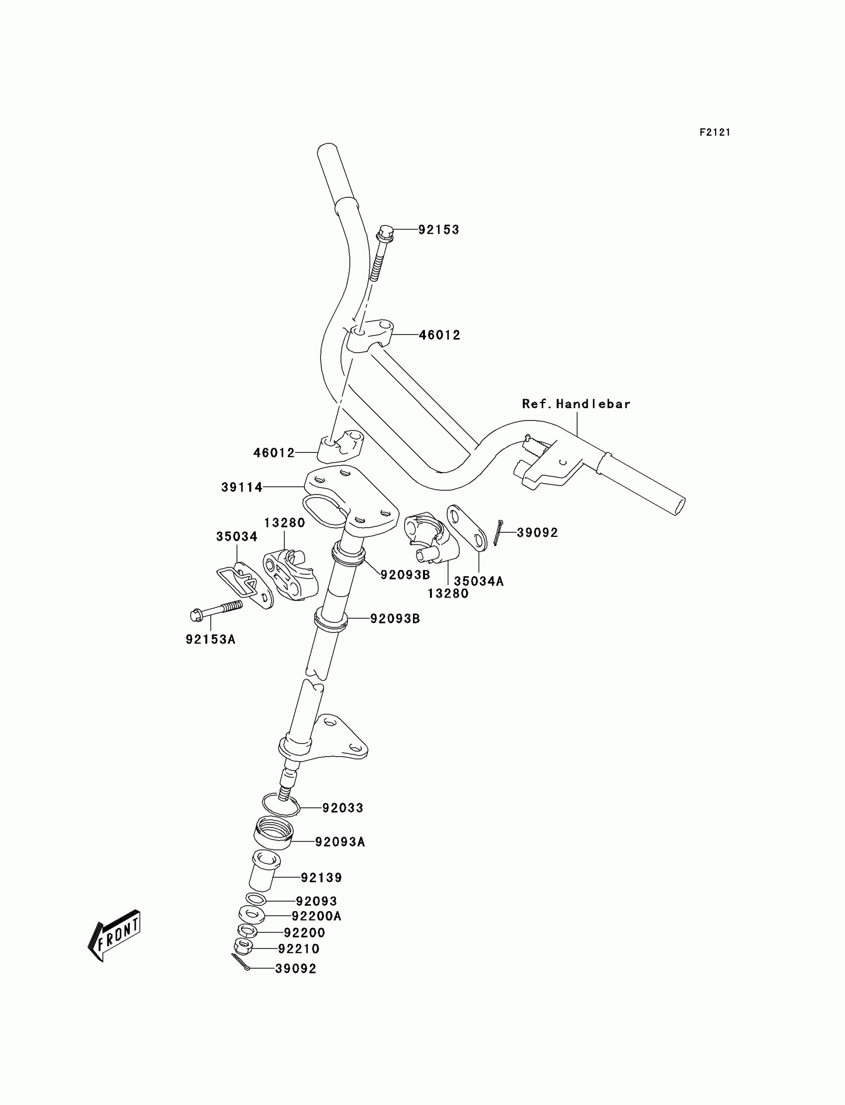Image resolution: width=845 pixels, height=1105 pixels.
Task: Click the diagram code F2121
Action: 714,132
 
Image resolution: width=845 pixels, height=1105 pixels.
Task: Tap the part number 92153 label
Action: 438,230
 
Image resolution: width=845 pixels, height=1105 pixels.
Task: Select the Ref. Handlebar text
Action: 576,404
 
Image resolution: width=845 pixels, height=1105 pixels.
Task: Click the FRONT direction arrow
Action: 115,938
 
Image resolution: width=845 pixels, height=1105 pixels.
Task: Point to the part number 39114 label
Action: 242,487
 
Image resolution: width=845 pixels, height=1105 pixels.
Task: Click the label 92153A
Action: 211,639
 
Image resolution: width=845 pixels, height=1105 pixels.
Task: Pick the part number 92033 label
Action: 342,808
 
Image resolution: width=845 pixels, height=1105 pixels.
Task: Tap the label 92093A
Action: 340,842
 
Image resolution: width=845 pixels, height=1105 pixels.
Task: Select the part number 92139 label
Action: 322,878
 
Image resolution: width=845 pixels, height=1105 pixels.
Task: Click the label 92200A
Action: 316,916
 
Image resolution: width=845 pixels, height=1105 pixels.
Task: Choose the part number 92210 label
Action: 299,948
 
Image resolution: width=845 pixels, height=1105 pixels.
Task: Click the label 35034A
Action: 478,582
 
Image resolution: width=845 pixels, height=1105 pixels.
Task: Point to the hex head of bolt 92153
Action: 385,232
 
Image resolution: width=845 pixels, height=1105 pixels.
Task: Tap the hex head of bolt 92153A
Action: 197,614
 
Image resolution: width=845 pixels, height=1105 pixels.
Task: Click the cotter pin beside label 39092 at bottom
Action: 241,963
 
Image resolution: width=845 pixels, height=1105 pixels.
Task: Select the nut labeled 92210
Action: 244,946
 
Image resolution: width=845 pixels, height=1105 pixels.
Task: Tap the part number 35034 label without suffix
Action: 237,537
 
